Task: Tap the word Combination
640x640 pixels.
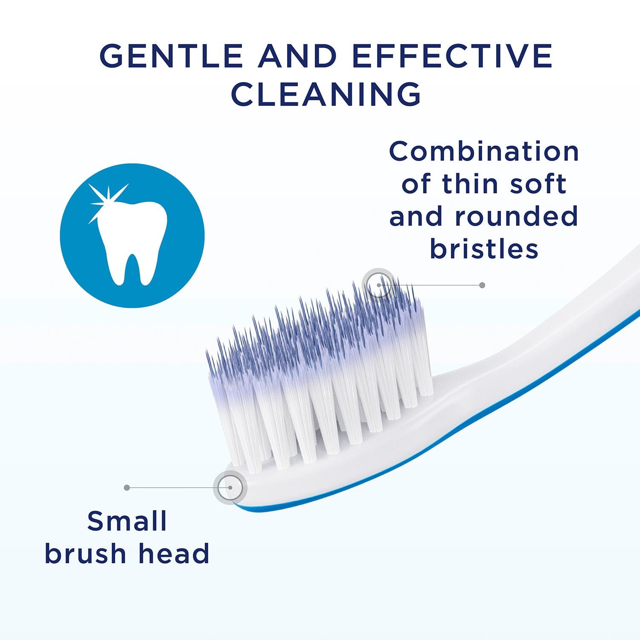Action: click(x=484, y=151)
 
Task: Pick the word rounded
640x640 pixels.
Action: click(x=516, y=216)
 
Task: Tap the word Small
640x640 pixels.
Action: click(x=127, y=521)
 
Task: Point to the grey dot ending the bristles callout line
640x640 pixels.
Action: click(x=482, y=285)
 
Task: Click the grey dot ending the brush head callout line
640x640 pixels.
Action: click(x=127, y=487)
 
